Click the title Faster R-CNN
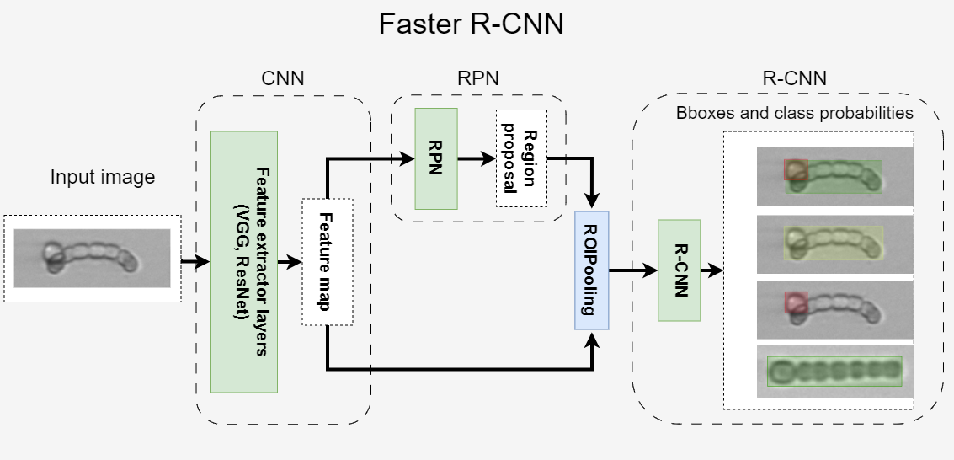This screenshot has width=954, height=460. click(x=471, y=24)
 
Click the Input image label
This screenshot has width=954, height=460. click(x=103, y=178)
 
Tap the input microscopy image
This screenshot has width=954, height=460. click(x=93, y=258)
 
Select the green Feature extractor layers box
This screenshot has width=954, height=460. click(x=243, y=261)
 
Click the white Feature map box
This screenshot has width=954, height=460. click(x=327, y=261)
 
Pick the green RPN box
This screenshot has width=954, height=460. click(x=435, y=158)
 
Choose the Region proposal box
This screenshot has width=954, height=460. click(x=521, y=158)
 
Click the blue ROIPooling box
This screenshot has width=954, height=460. click(x=592, y=270)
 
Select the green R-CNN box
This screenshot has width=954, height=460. click(x=679, y=270)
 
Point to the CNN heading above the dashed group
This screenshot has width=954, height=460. click(x=283, y=79)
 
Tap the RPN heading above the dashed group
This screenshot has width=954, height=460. click(x=477, y=78)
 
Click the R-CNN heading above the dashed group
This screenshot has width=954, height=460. click(x=794, y=79)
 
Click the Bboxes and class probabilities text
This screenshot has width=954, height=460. click(x=795, y=112)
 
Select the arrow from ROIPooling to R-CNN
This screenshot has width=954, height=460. click(x=633, y=270)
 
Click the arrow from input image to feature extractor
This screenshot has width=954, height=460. click(x=195, y=262)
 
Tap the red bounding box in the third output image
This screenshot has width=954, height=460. click(x=796, y=302)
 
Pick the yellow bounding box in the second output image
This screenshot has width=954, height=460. click(x=834, y=242)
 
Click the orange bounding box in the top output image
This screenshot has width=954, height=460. click(x=795, y=171)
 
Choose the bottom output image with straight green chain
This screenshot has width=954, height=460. click(x=834, y=372)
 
